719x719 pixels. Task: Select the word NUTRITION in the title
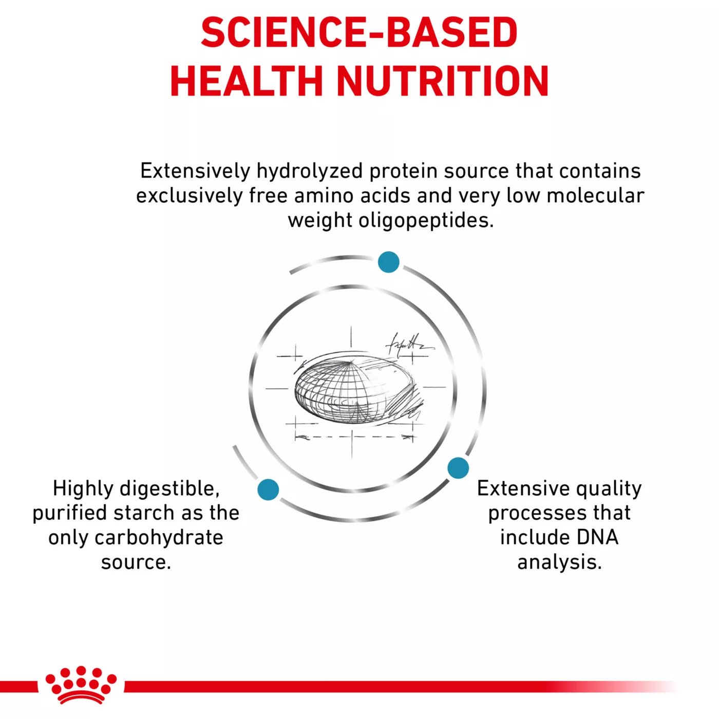(443, 81)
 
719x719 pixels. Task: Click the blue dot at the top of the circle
(388, 262)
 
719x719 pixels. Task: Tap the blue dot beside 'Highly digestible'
(268, 489)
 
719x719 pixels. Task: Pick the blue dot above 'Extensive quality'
(458, 468)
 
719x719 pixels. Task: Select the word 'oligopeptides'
(426, 221)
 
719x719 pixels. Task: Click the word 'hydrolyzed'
(309, 172)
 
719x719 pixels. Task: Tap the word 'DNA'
(597, 537)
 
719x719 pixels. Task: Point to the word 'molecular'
(596, 196)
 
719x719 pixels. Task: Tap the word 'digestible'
(169, 489)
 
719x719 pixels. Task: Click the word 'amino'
(323, 196)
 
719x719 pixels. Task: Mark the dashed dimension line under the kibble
(354, 437)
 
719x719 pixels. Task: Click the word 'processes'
(541, 514)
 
